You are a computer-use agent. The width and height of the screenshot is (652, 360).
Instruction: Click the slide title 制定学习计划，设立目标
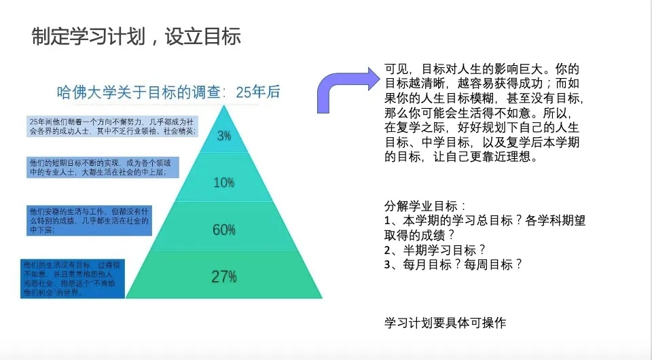point(137,36)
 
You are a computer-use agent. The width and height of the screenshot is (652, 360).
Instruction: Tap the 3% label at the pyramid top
point(224,135)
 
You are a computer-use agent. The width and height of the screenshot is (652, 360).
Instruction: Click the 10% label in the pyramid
point(224,182)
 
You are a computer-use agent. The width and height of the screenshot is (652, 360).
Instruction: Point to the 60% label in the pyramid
point(224,230)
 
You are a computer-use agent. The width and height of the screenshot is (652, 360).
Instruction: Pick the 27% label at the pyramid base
point(224,276)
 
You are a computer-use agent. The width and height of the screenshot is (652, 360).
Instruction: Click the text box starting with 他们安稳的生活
point(89,221)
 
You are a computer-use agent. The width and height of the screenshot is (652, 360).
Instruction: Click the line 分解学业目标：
point(424,206)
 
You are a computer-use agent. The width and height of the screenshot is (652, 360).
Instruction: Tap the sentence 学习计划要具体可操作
point(445,323)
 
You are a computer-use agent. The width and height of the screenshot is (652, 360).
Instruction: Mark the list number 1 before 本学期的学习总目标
point(387,221)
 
